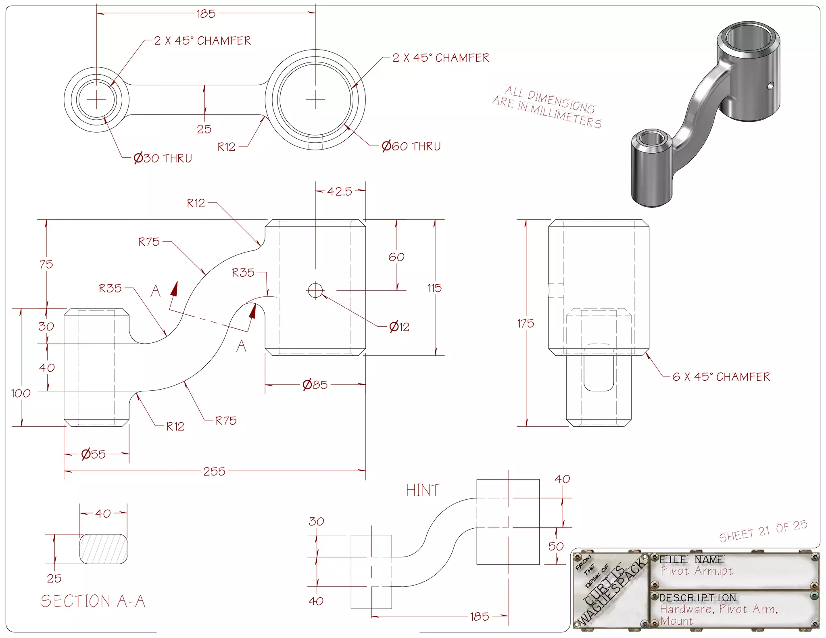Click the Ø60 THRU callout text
tap(411, 146)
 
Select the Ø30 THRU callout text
tap(163, 158)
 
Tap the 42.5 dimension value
tap(339, 191)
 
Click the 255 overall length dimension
tap(214, 471)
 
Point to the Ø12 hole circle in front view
tap(315, 290)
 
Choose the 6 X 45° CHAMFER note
tap(721, 377)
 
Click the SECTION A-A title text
tap(93, 601)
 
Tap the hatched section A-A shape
tap(104, 549)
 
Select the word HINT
tap(423, 490)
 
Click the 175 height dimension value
tap(526, 323)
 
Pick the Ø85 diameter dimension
tap(315, 385)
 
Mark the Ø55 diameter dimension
tap(93, 455)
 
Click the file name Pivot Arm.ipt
tap(697, 571)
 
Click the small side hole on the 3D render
tap(770, 85)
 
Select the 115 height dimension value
tap(434, 288)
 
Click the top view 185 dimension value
tap(206, 14)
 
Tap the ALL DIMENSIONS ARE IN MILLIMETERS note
tap(547, 107)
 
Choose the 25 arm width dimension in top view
tap(204, 129)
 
